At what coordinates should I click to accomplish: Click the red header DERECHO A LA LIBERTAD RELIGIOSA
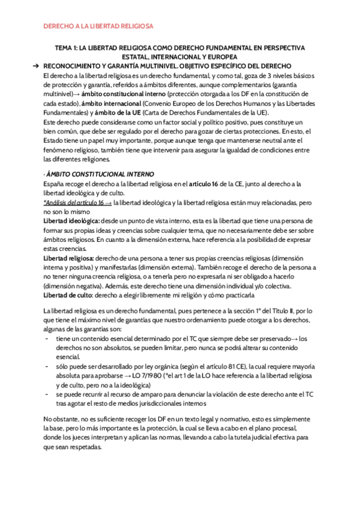(x=100, y=26)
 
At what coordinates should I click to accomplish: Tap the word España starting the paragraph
(x=56, y=184)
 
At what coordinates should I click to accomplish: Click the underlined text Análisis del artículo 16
(x=76, y=203)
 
